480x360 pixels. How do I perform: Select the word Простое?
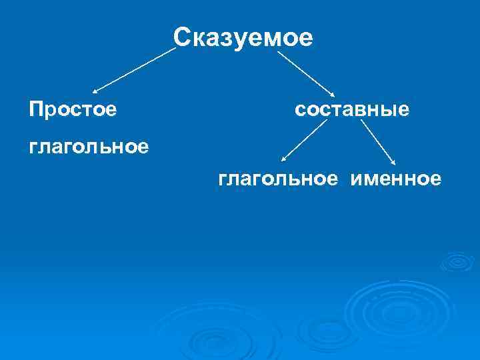click(73, 108)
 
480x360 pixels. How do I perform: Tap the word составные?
click(352, 108)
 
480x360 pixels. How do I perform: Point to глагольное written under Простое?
click(89, 145)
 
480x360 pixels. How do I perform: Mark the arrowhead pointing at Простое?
click(95, 91)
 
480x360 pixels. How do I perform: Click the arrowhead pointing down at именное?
click(394, 162)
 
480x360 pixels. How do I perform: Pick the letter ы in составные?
click(389, 109)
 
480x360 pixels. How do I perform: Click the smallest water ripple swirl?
click(457, 261)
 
